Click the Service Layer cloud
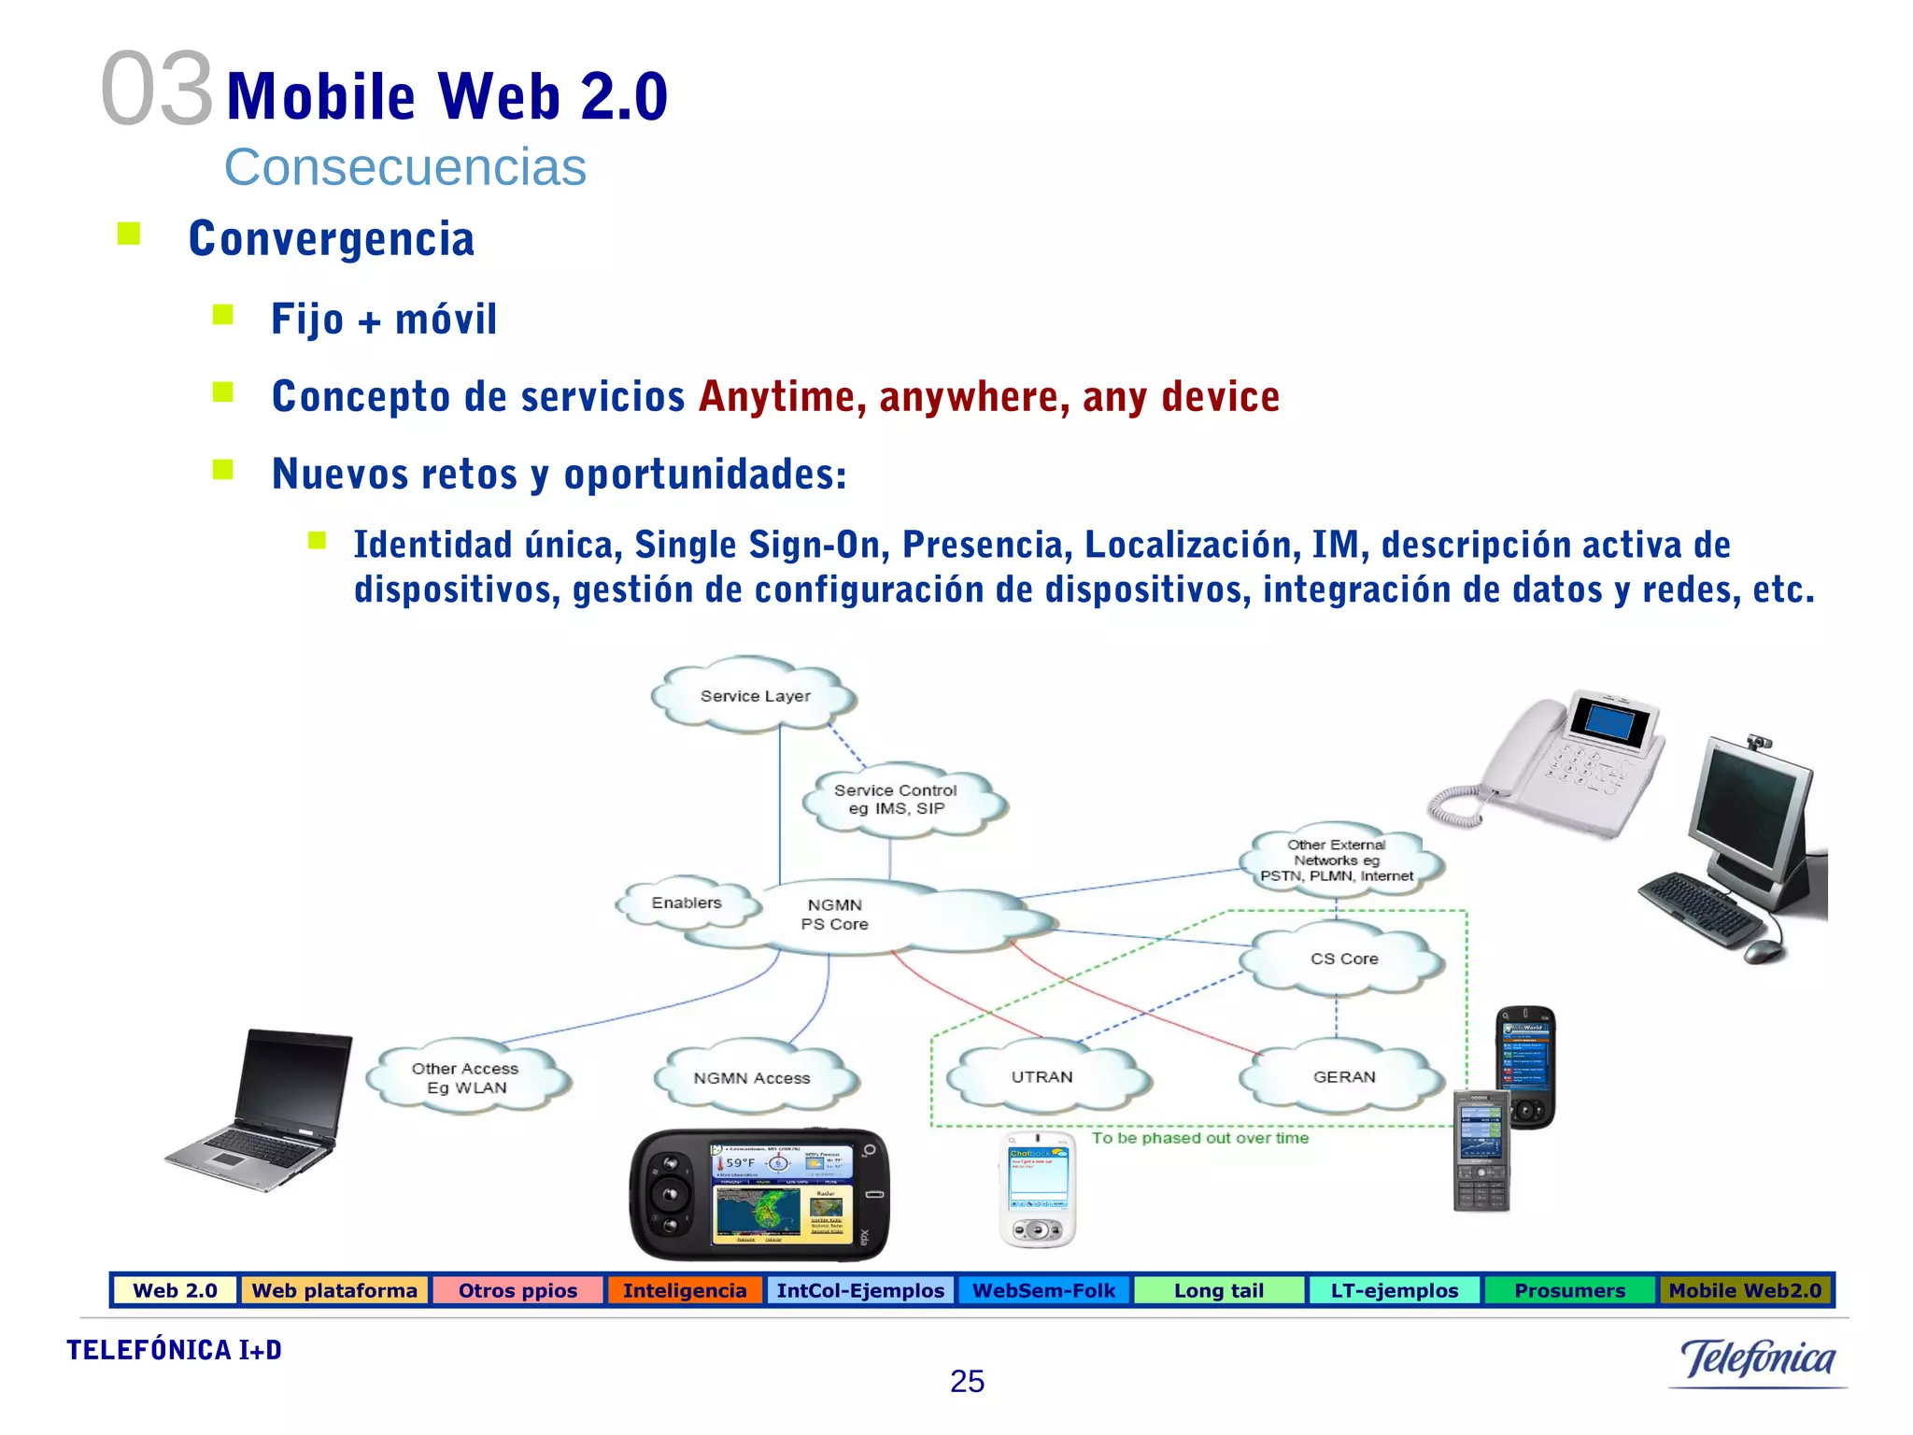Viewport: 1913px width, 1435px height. [x=755, y=696]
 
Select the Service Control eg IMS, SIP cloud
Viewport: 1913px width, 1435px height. [x=896, y=800]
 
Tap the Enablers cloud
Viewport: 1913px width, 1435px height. [x=687, y=903]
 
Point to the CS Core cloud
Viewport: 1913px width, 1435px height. [x=1343, y=959]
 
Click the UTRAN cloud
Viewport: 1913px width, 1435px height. [x=1042, y=1077]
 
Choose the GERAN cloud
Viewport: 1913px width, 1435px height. [x=1343, y=1077]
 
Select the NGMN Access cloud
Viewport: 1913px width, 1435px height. [x=752, y=1078]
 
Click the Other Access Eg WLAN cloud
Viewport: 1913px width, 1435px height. [x=465, y=1078]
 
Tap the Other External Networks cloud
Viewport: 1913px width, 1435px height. [x=1337, y=860]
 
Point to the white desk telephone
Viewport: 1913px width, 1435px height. [x=1551, y=761]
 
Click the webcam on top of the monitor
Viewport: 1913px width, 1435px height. [x=1760, y=743]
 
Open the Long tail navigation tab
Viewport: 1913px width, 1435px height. [x=1218, y=1290]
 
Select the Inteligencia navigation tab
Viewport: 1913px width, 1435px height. [x=685, y=1290]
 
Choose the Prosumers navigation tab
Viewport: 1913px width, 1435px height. [x=1569, y=1290]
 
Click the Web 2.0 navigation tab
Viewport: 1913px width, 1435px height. [x=175, y=1290]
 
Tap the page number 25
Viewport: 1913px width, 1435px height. [x=967, y=1381]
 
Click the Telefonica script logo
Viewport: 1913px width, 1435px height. [x=1758, y=1359]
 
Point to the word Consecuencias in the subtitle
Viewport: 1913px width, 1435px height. [x=405, y=167]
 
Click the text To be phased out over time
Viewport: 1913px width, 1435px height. [x=1200, y=1138]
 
